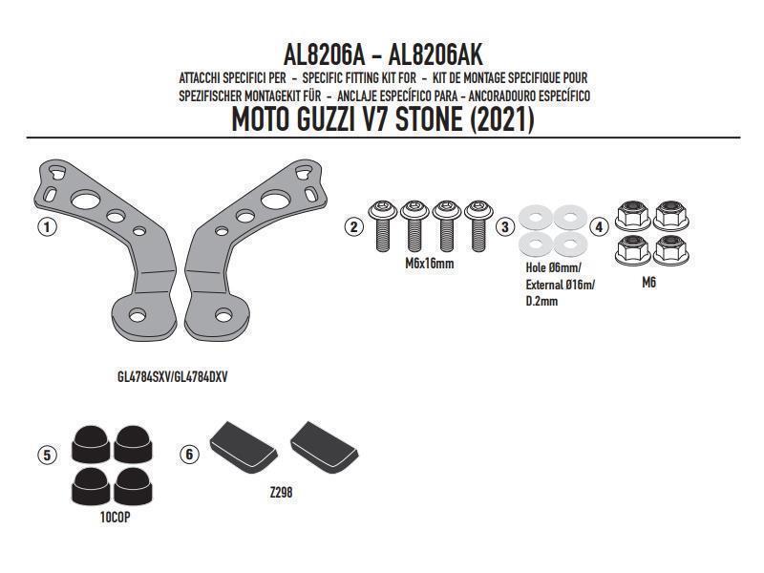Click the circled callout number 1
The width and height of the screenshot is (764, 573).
45,227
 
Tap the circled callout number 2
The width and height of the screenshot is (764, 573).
354,227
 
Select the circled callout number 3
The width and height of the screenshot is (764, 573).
506,227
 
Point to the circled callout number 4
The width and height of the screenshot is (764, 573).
599,227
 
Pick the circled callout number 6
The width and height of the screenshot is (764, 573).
190,456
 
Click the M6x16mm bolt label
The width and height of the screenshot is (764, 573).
430,263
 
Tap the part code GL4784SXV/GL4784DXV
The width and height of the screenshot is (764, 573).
173,376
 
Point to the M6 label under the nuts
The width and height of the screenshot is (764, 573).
649,283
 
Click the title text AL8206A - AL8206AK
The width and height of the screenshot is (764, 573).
383,55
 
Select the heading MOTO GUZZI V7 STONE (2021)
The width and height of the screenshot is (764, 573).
383,121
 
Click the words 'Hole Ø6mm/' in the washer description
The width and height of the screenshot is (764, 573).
552,268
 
